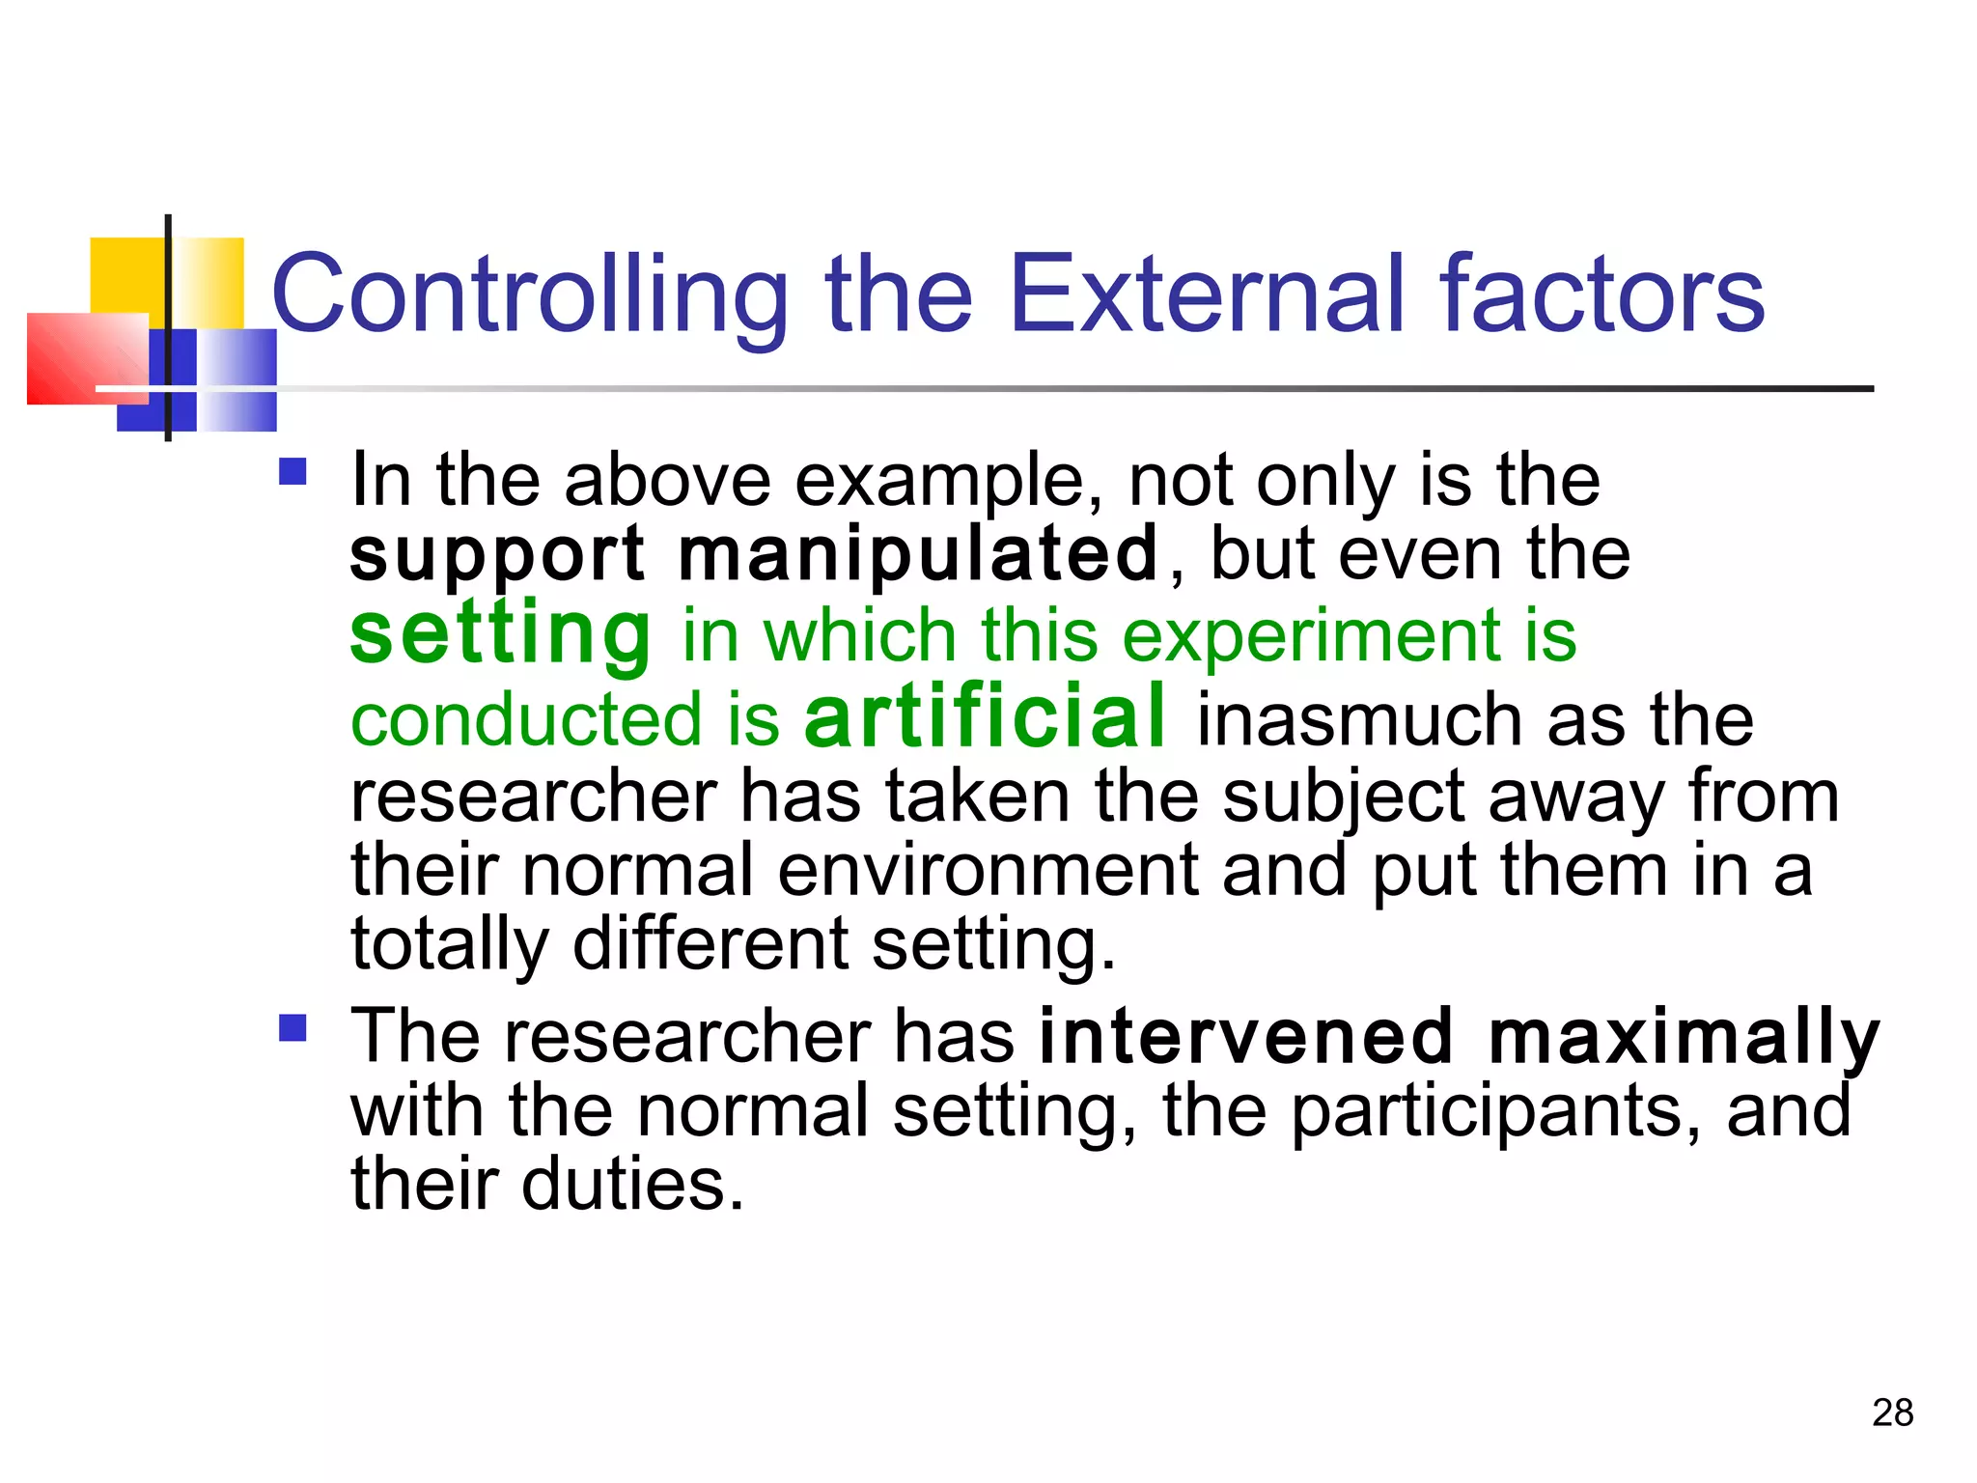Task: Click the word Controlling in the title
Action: point(530,294)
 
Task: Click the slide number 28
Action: point(1892,1413)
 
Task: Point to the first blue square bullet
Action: point(292,472)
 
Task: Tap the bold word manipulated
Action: point(918,554)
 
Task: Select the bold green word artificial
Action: point(986,715)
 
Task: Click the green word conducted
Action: point(526,720)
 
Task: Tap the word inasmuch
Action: point(1360,720)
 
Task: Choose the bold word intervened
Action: point(1246,1036)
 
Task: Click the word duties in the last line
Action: point(632,1185)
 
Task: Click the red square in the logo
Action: point(87,358)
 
